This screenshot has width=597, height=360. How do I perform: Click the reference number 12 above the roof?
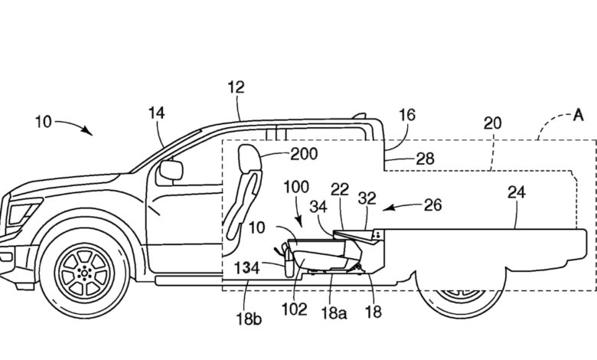coord(236,87)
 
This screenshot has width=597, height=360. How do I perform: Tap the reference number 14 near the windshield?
coord(156,113)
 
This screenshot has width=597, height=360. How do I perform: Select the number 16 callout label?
coord(407,115)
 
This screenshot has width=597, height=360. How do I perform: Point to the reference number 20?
coord(493,123)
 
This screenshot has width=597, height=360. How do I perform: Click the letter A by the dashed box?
coord(579,115)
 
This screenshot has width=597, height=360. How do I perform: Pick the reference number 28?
coord(426,159)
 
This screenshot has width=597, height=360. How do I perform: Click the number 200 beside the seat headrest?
coord(304,154)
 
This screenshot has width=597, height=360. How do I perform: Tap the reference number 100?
coord(296,187)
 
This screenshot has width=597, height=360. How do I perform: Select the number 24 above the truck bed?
coord(517,192)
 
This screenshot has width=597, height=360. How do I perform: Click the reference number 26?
coord(433,205)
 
